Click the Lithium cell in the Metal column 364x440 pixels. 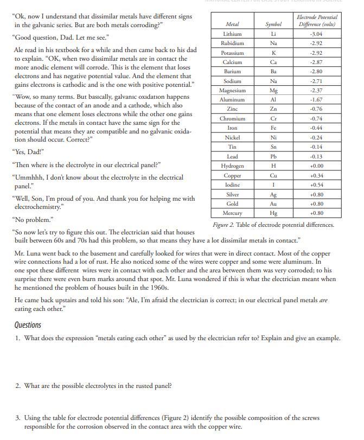click(232, 34)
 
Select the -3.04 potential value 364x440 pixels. click(317, 34)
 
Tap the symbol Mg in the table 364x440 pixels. click(273, 91)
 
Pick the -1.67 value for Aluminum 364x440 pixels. click(317, 100)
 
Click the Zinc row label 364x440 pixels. click(232, 109)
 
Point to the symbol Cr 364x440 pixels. click(273, 118)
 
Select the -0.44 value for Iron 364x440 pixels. click(317, 128)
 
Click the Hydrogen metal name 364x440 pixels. click(232, 165)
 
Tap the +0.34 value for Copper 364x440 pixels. click(317, 175)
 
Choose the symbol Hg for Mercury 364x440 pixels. click(273, 213)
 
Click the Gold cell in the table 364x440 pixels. click(232, 203)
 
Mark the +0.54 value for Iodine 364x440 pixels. click(317, 184)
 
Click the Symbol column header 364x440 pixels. click(273, 24)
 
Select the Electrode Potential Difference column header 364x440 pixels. click(317, 21)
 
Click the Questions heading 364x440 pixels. click(28, 325)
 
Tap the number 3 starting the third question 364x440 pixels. click(17, 418)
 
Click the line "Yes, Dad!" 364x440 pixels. click(28, 151)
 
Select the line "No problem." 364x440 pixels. click(33, 220)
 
